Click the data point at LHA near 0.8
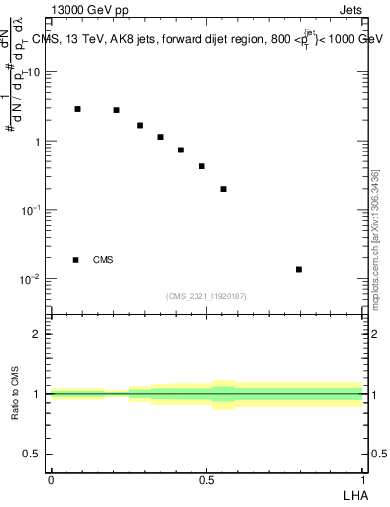point(298,269)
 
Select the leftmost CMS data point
point(77,109)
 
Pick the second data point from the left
point(116,110)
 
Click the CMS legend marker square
point(75,260)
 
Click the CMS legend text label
point(103,260)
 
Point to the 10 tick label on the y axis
point(35,73)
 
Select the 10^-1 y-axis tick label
point(32,210)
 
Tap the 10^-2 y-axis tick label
point(32,279)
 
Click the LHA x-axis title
point(353,494)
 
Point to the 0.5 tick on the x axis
point(206,480)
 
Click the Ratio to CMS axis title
point(15,393)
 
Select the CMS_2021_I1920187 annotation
point(206,296)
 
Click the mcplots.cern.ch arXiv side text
point(375,238)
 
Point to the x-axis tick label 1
point(363,480)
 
